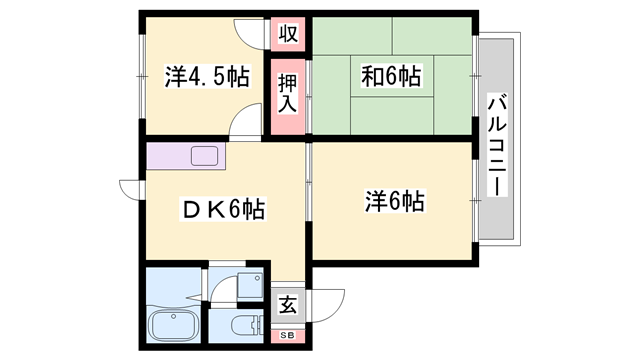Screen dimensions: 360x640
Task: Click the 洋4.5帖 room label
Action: pos(207,76)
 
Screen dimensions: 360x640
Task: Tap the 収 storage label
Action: pos(288,33)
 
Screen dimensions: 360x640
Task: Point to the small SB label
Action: pos(287,335)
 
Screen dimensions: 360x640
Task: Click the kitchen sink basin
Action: pos(205,156)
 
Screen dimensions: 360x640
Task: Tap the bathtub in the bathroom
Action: pos(173,326)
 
